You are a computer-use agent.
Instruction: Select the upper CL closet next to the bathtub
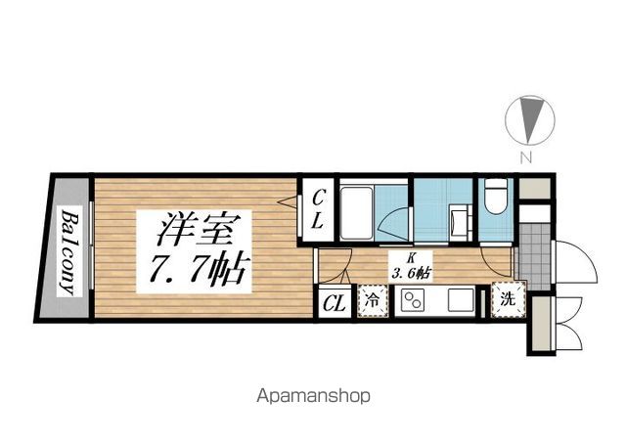(x=318, y=209)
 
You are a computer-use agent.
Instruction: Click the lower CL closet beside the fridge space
(x=334, y=302)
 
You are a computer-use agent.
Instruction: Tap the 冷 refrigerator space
(x=374, y=301)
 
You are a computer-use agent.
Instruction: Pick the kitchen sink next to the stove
(x=459, y=300)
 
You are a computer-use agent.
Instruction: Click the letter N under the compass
(x=526, y=157)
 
